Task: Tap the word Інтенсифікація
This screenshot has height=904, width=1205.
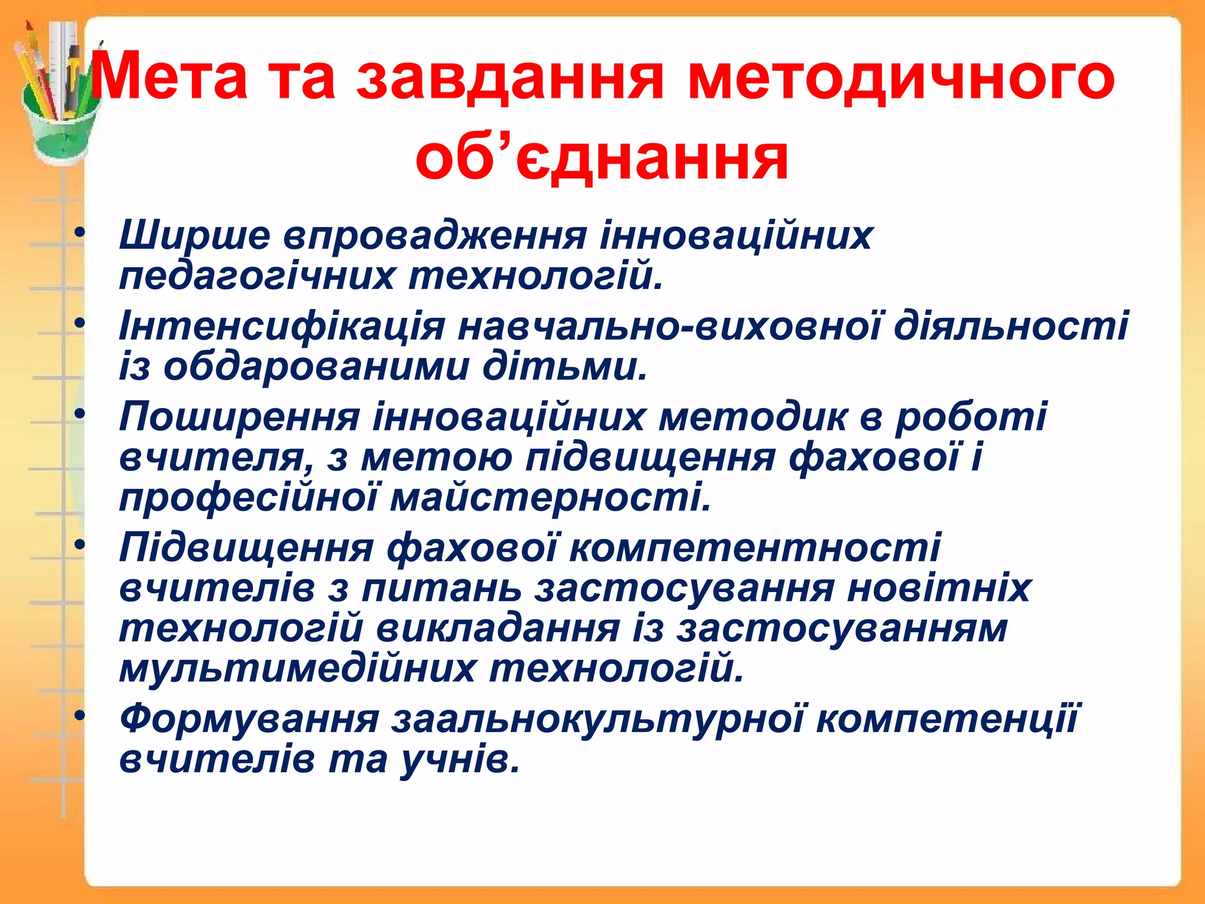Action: coord(282,326)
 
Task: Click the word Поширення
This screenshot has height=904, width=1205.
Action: coord(239,417)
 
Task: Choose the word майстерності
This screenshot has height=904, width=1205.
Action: coord(551,498)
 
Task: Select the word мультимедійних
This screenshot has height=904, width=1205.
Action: coord(297,669)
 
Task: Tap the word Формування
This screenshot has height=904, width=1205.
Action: coord(249,719)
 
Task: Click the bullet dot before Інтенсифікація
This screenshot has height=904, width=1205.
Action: coord(80,323)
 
